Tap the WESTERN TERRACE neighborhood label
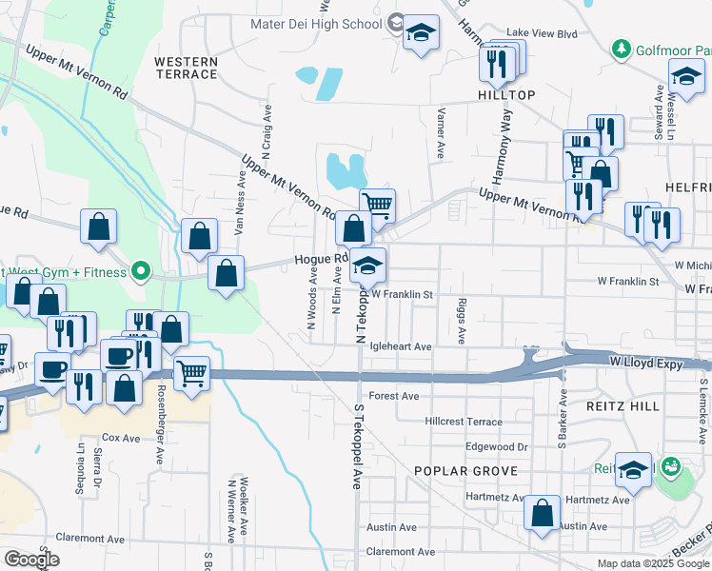coord(186,68)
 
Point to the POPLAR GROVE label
coord(466,471)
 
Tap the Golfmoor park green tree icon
coord(621,47)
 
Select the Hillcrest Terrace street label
coord(464,421)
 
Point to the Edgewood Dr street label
coord(496,446)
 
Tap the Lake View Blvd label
coord(543,33)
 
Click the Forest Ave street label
coord(394,396)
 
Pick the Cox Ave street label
coord(121,438)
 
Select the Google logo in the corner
coord(31,560)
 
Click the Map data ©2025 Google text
coord(653,563)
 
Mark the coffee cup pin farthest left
coord(52,369)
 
